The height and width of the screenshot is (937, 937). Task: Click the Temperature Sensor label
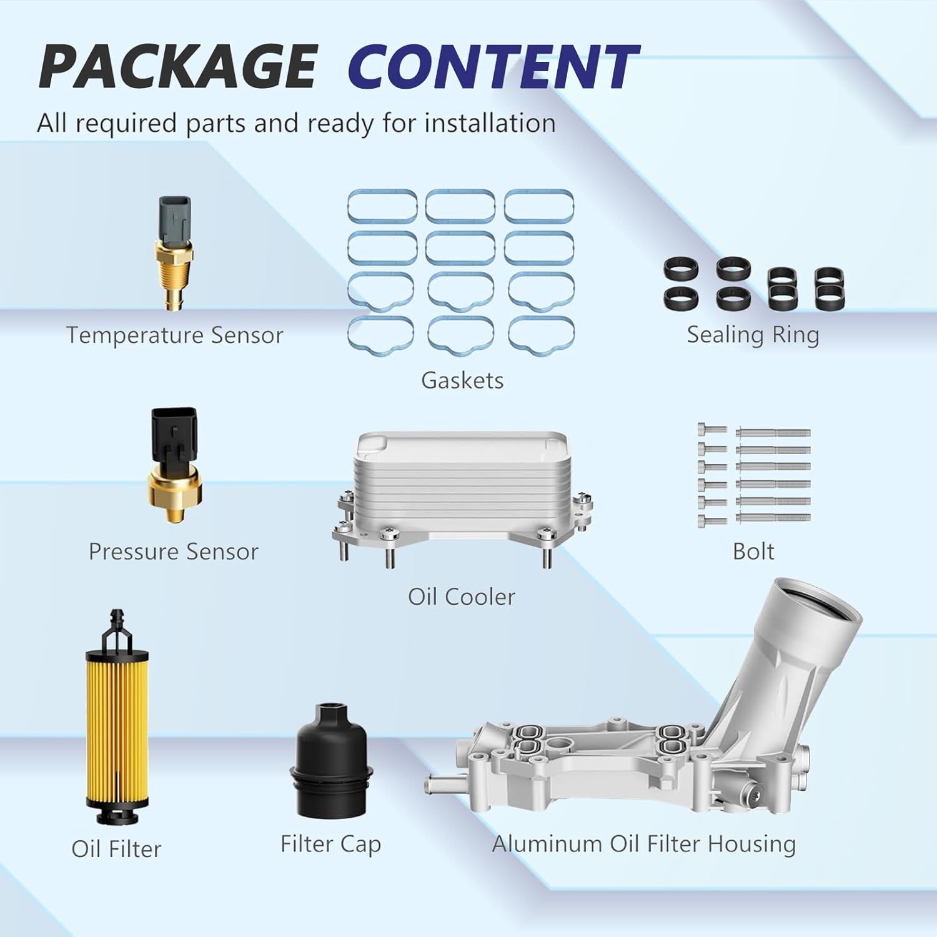click(x=174, y=335)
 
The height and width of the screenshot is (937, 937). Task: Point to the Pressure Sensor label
click(x=173, y=552)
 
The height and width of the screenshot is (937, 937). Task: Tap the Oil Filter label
click(x=116, y=849)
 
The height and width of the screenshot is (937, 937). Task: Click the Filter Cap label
click(x=330, y=844)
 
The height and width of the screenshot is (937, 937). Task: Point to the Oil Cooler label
click(x=461, y=597)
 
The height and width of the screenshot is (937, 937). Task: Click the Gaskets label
click(x=462, y=380)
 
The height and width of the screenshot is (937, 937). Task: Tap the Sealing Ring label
click(x=753, y=335)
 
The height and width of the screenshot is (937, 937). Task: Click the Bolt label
click(x=753, y=552)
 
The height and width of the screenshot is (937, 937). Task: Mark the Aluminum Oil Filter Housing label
click(x=643, y=844)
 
